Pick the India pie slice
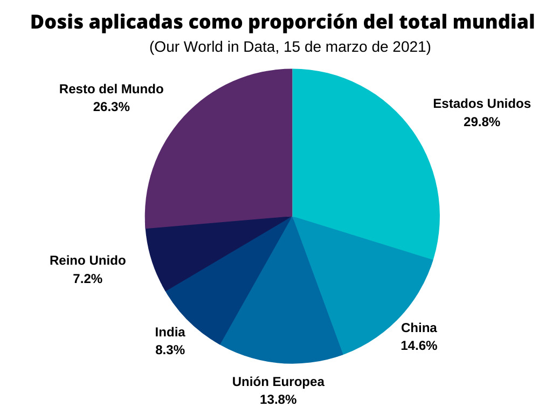click(216, 296)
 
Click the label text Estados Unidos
click(482, 103)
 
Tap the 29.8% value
click(482, 122)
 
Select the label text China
click(419, 328)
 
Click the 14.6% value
click(419, 346)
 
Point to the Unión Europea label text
click(278, 382)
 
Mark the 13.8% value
click(278, 400)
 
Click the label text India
click(170, 332)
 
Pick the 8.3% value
click(170, 350)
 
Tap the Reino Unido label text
click(87, 261)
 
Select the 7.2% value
click(87, 279)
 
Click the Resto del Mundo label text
click(111, 89)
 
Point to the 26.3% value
click(111, 107)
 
